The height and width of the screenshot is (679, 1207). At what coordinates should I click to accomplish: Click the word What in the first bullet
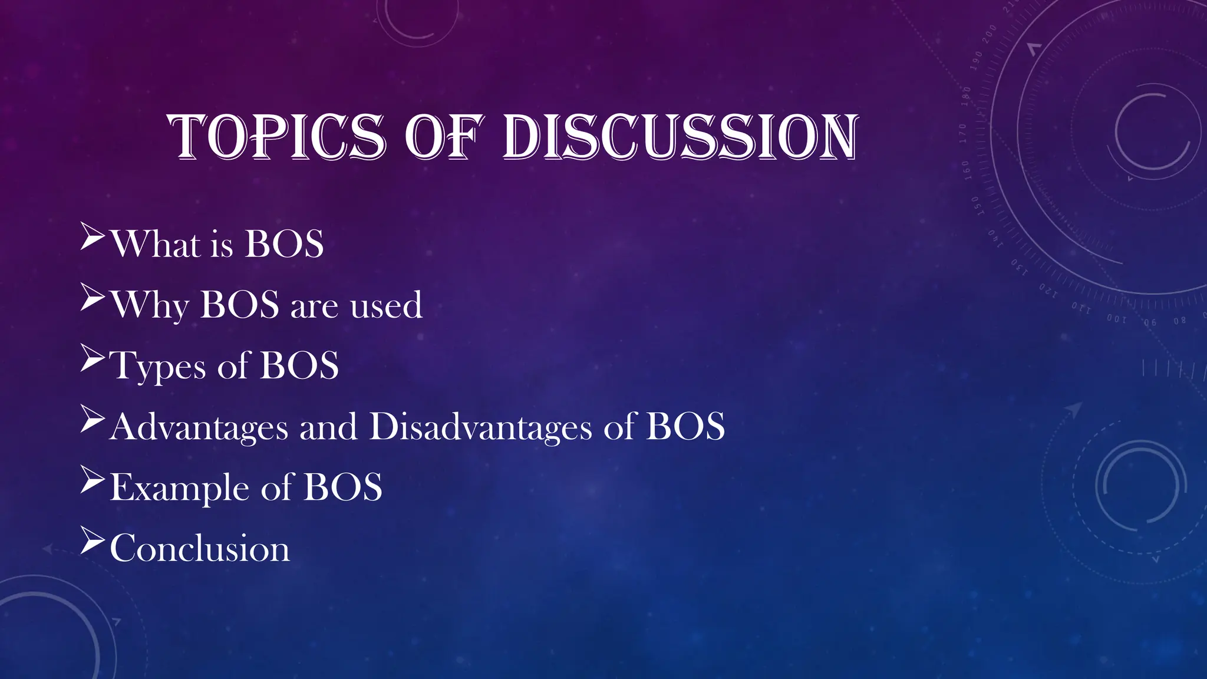(156, 243)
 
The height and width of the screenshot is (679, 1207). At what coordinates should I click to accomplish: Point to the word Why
(150, 305)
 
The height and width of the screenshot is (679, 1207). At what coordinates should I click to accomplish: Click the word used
(386, 305)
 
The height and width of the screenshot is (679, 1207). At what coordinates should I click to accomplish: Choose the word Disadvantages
(480, 427)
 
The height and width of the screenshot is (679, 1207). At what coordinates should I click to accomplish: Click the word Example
(179, 487)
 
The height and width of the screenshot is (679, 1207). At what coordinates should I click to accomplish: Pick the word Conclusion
(200, 548)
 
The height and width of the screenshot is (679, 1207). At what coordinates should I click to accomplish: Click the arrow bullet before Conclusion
(93, 541)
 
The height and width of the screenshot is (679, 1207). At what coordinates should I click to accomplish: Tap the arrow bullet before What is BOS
(93, 237)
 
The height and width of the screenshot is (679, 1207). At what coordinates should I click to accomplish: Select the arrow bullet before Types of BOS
(93, 358)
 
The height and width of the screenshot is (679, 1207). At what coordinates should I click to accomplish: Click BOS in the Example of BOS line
(342, 487)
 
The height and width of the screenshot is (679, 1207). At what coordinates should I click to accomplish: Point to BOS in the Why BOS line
(239, 305)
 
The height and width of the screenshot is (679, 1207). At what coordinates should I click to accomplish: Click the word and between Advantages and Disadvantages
(328, 427)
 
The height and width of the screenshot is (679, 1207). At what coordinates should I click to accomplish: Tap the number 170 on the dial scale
(962, 133)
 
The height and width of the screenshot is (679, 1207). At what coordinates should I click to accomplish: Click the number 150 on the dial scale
(975, 206)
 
